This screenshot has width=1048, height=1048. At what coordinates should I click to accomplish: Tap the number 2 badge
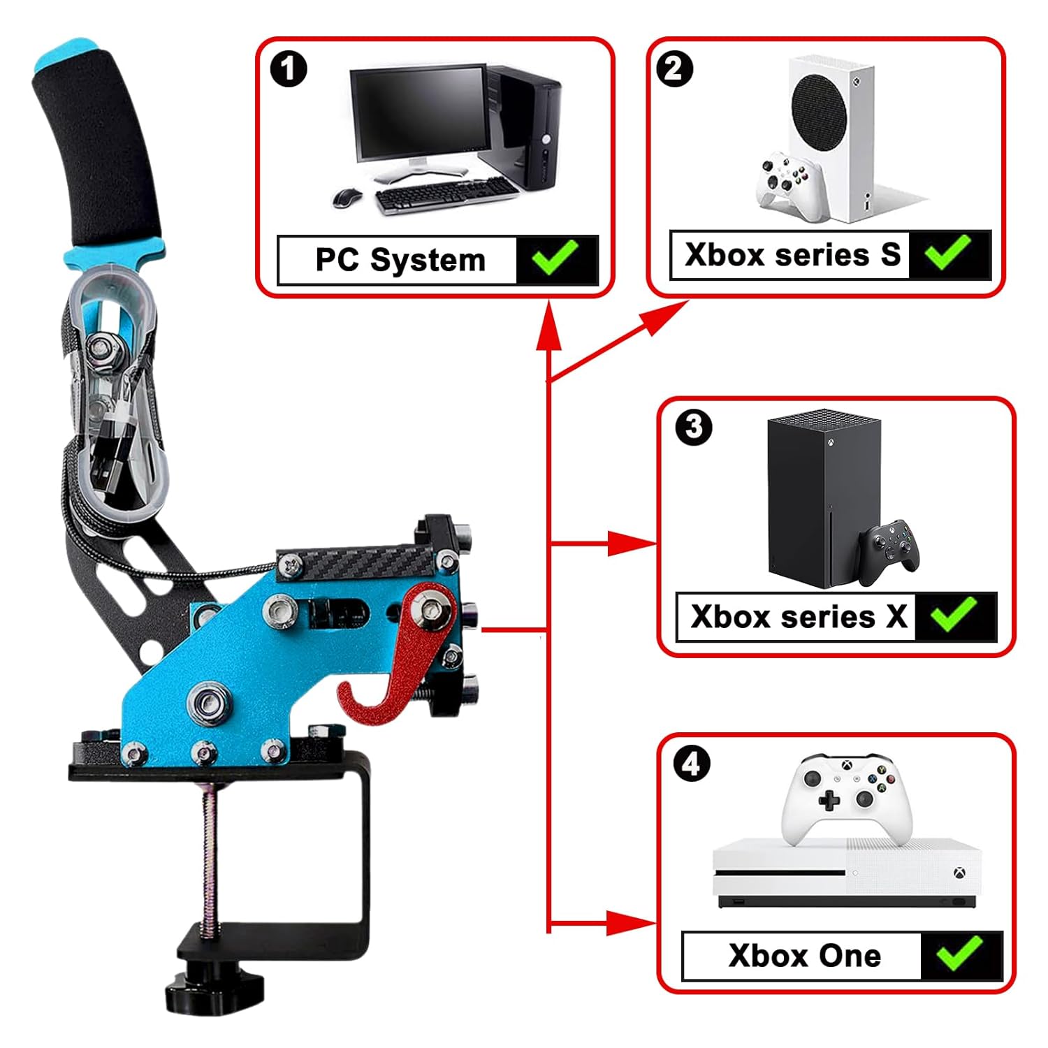tap(674, 68)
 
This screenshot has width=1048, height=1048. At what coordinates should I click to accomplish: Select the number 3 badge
tap(694, 427)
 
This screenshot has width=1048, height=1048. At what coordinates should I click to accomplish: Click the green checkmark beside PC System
tap(555, 259)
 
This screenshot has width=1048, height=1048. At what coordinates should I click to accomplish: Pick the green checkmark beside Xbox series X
tap(954, 615)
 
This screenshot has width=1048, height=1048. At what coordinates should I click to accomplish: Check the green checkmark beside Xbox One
tap(960, 954)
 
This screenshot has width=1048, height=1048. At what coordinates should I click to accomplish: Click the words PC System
tap(400, 260)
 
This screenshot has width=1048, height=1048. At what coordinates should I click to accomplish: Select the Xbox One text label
tap(804, 956)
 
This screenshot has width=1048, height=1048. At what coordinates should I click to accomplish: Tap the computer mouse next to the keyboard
tap(347, 198)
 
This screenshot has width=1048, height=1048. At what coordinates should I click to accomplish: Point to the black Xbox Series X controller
tap(889, 549)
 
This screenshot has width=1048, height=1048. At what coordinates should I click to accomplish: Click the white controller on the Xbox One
tap(846, 796)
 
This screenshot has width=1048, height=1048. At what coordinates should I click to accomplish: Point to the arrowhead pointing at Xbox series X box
tap(632, 543)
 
